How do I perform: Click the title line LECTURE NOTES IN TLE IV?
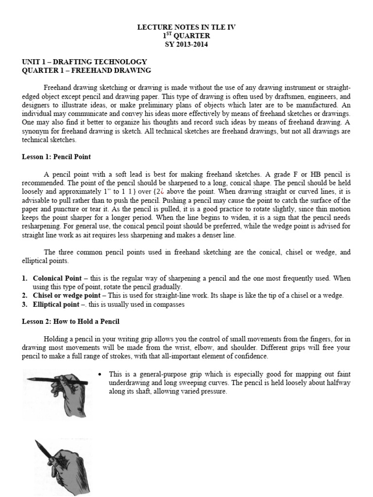coord(186,27)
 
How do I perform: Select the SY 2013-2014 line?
coord(186,44)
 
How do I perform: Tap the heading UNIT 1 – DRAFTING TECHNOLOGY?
coord(85,62)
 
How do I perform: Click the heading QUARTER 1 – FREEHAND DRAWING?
coord(87,70)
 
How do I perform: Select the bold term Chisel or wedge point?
coord(67,296)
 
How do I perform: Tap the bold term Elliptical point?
coord(55,304)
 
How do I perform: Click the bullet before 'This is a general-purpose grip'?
coord(100,374)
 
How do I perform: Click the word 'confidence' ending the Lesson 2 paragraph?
coord(251,356)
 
